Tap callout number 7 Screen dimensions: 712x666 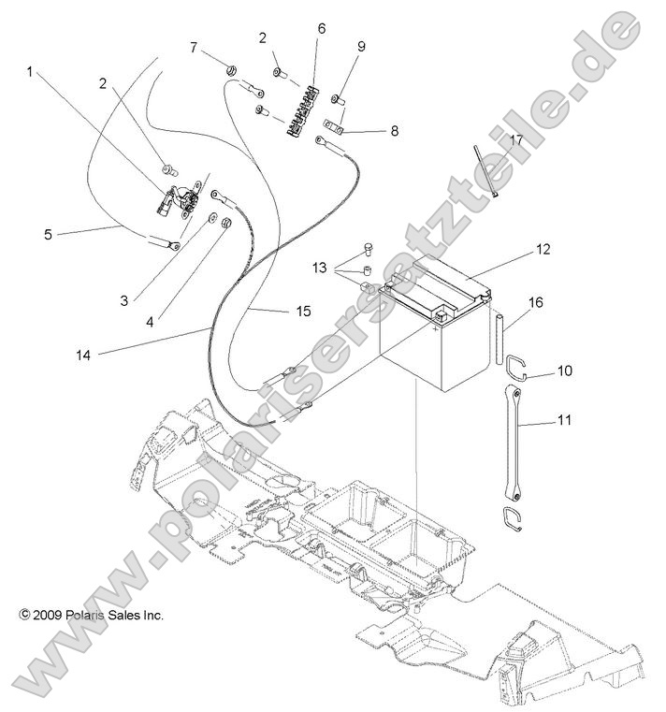click(194, 47)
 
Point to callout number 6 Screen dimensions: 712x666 click(322, 28)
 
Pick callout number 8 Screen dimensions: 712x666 click(394, 131)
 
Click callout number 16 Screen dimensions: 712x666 click(535, 302)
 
